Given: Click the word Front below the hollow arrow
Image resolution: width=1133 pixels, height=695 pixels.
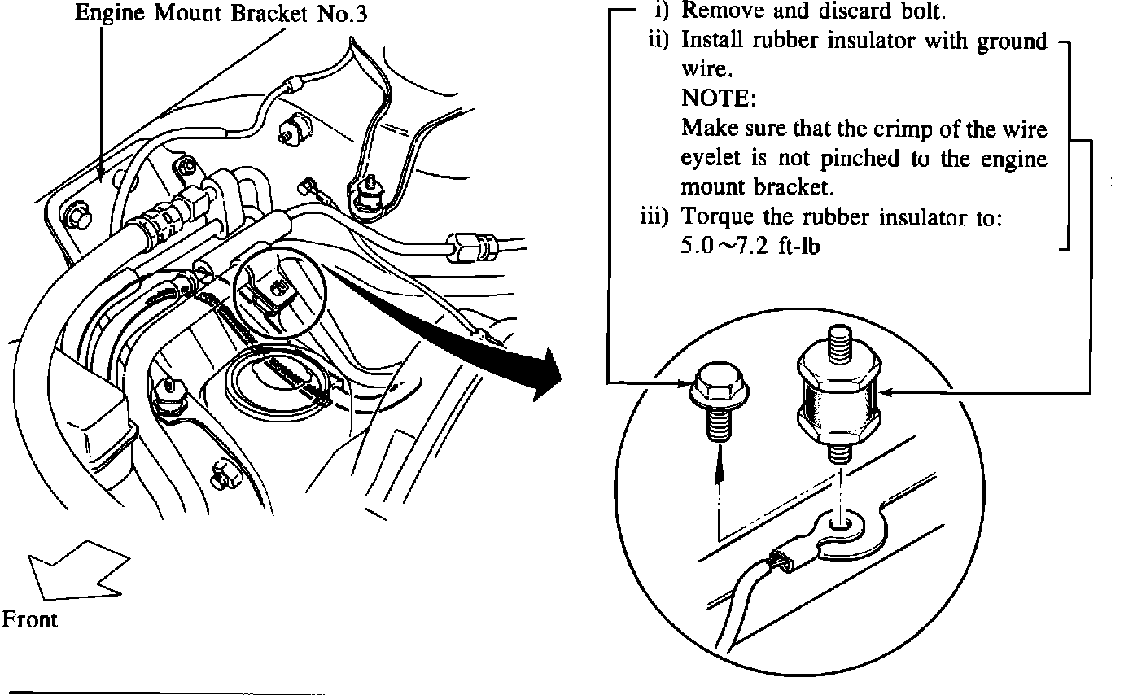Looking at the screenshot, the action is click(29, 619).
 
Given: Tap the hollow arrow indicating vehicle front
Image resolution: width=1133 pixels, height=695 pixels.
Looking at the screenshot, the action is click(78, 570).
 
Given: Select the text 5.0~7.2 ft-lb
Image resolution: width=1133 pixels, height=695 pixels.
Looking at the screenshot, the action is click(750, 246).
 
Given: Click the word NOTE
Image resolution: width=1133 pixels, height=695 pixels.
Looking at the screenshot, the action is click(717, 98).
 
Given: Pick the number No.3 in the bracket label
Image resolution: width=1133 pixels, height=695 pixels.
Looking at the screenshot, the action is click(342, 14).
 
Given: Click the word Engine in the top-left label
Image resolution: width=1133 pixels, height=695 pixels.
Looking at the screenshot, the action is click(110, 14).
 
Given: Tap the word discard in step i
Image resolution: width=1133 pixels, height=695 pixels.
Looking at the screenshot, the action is click(854, 11).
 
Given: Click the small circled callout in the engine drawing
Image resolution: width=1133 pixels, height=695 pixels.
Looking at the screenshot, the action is click(280, 293).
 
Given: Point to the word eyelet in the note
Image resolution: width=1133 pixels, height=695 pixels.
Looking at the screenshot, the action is click(711, 159).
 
